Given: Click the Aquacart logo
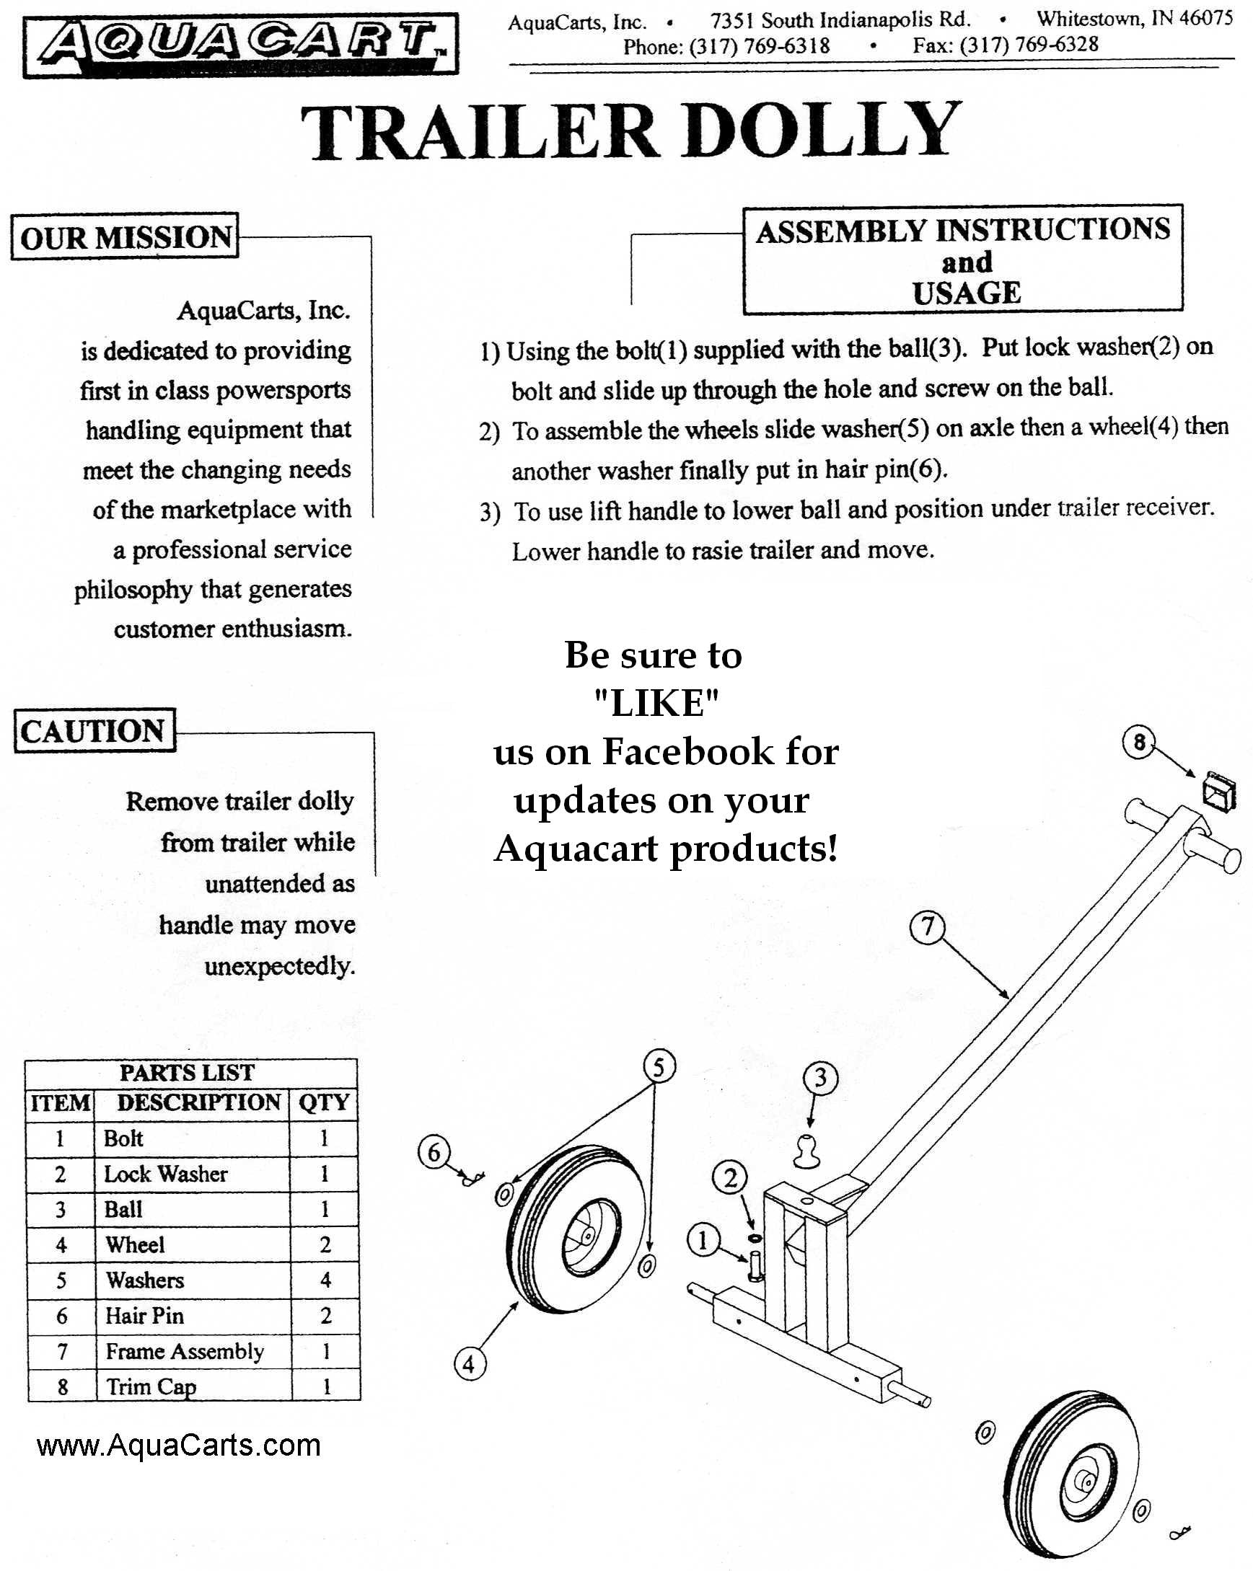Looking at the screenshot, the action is [240, 45].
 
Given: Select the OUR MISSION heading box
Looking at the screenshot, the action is [125, 236].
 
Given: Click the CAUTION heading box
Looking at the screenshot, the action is [94, 730].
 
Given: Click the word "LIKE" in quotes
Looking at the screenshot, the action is [656, 703].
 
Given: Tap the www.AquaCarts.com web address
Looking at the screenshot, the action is [179, 1445].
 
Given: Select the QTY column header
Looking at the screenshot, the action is [324, 1102].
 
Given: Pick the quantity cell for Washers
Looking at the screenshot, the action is [325, 1280].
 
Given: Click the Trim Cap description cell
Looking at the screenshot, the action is [194, 1386].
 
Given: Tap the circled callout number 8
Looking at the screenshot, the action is [1139, 743].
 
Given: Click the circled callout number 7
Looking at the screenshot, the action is [927, 926].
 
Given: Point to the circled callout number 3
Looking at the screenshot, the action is [821, 1077].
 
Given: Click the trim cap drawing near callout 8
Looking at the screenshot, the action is [1219, 792].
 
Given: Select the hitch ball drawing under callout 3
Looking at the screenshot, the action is [807, 1151].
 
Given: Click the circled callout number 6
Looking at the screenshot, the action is [434, 1152].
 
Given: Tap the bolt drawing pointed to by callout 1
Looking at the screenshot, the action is [755, 1266].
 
